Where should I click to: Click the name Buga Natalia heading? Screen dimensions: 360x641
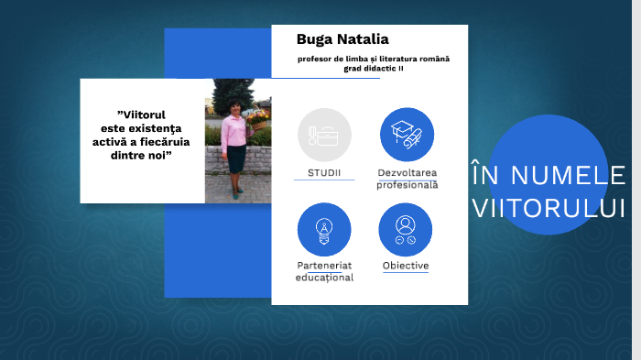pyautogui.click(x=342, y=39)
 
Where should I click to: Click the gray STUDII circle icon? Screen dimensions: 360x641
pyautogui.click(x=324, y=135)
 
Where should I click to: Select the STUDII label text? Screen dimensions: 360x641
pyautogui.click(x=324, y=172)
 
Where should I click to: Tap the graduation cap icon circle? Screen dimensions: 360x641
pyautogui.click(x=407, y=135)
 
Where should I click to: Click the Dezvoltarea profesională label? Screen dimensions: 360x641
pyautogui.click(x=407, y=178)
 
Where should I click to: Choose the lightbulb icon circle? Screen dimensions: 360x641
pyautogui.click(x=324, y=229)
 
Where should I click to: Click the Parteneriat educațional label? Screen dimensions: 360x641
pyautogui.click(x=324, y=271)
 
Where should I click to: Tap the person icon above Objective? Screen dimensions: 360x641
pyautogui.click(x=406, y=229)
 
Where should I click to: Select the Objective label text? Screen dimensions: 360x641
pyautogui.click(x=406, y=266)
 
